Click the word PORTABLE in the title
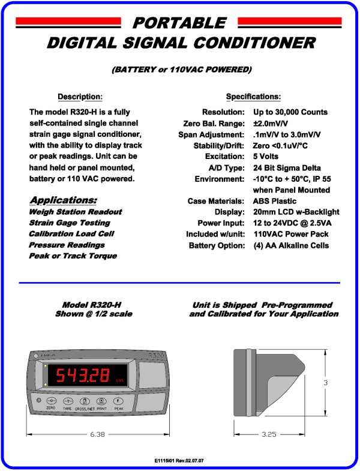coord(179,23)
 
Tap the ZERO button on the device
coord(51,400)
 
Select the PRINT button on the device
coord(102,400)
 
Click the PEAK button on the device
coord(119,400)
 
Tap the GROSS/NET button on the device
coord(85,400)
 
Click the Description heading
coord(80,97)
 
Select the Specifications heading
coord(253,97)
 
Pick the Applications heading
coord(63,200)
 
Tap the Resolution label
coord(223,112)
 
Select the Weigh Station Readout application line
coord(75,212)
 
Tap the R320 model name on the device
coord(154,355)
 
